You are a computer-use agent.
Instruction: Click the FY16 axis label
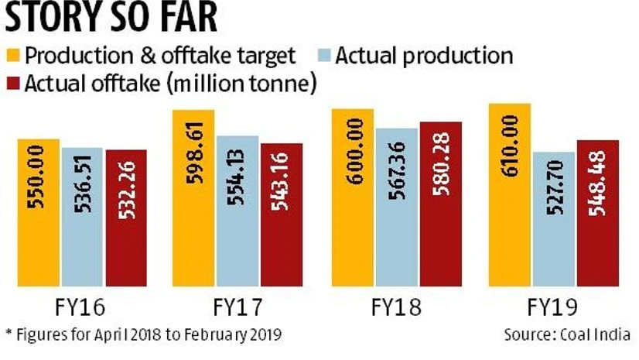pyautogui.click(x=82, y=308)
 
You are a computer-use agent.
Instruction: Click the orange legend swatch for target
pyautogui.click(x=12, y=56)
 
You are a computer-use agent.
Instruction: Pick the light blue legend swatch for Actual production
pyautogui.click(x=325, y=56)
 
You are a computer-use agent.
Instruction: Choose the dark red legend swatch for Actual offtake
pyautogui.click(x=12, y=83)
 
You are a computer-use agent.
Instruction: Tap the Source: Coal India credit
pyautogui.click(x=566, y=334)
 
